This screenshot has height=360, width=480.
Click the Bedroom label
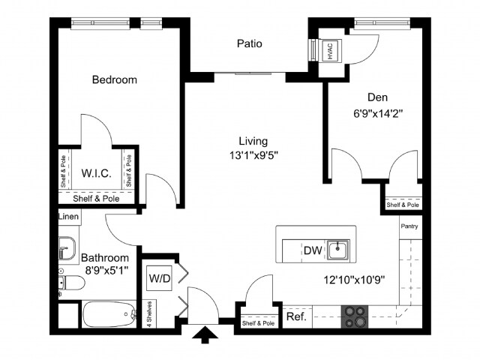click(x=114, y=79)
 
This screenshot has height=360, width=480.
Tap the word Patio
click(x=250, y=43)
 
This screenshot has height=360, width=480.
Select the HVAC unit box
click(x=328, y=50)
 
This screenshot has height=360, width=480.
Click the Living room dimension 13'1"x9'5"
click(x=253, y=155)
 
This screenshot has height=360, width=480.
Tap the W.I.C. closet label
click(x=96, y=173)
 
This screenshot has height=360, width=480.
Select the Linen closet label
click(x=68, y=216)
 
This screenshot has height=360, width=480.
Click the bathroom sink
click(x=67, y=247)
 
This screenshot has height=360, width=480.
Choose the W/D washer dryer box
click(x=160, y=279)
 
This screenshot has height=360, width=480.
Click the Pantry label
click(x=409, y=226)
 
